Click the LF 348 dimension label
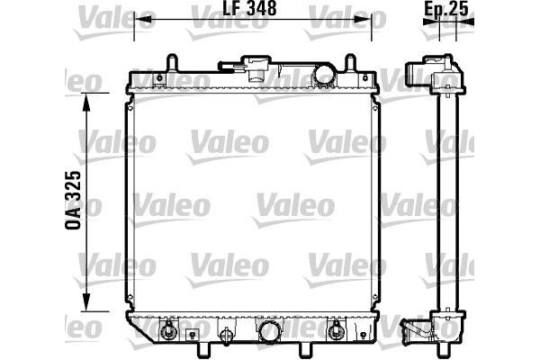249,8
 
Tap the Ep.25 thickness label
446,9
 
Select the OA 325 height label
73,200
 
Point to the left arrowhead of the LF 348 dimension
143,19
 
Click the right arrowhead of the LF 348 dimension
363,19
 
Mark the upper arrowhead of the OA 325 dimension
86,102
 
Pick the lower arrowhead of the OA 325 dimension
86,302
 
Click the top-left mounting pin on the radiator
172,63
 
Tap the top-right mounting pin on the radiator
350,63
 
